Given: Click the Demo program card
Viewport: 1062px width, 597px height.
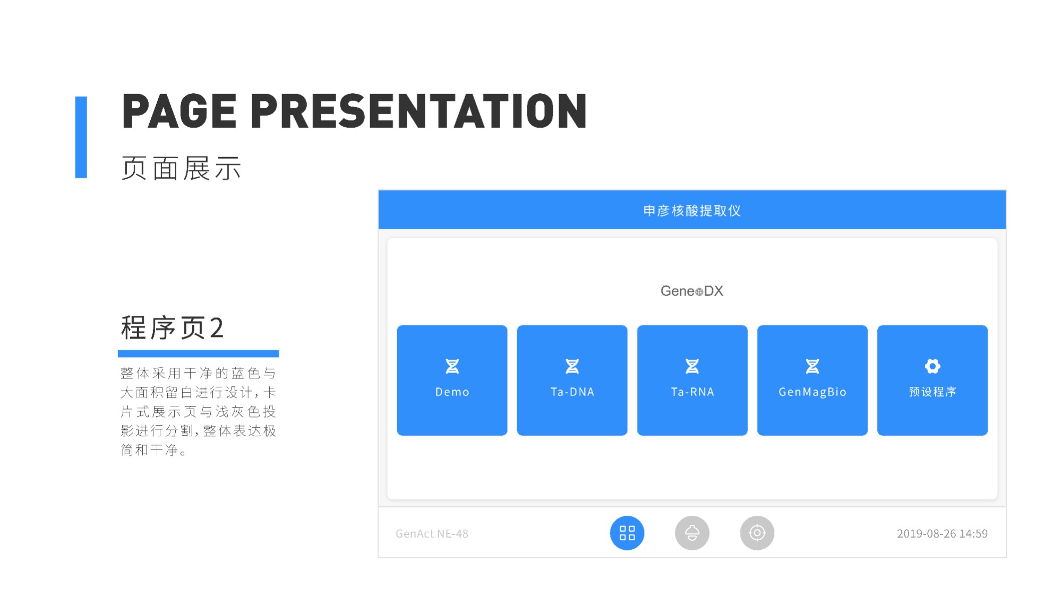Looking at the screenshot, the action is click(x=452, y=380).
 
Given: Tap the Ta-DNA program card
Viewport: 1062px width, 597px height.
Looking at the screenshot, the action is click(x=572, y=380).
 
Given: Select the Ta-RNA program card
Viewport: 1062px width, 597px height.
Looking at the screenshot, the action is click(x=692, y=380).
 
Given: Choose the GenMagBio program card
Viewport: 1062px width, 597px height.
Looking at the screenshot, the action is click(x=812, y=380).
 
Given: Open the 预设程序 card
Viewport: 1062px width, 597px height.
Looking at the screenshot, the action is click(x=932, y=380).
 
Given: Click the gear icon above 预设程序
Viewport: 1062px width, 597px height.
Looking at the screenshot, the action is click(x=932, y=366).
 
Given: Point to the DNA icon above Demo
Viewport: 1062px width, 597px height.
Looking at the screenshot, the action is click(x=452, y=366).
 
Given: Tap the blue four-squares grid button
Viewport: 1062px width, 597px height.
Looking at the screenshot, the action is click(x=627, y=533).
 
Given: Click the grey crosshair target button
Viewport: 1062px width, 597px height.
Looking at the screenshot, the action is click(x=757, y=533).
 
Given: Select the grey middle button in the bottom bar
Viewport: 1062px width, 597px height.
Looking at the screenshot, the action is click(x=692, y=533).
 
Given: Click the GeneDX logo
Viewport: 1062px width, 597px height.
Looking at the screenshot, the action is click(x=692, y=291).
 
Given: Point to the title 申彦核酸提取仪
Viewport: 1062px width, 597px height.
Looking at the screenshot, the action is click(x=692, y=211).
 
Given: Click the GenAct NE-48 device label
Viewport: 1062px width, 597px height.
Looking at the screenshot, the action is click(x=432, y=533).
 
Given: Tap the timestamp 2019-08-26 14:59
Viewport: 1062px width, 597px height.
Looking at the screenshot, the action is click(x=942, y=533).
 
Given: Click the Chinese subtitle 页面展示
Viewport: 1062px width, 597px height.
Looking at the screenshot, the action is click(x=181, y=168).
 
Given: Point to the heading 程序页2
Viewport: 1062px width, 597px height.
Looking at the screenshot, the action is click(x=172, y=327).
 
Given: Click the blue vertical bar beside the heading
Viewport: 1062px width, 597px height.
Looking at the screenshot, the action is click(x=81, y=137).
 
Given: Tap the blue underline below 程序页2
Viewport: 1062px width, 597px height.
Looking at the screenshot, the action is click(x=198, y=353).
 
